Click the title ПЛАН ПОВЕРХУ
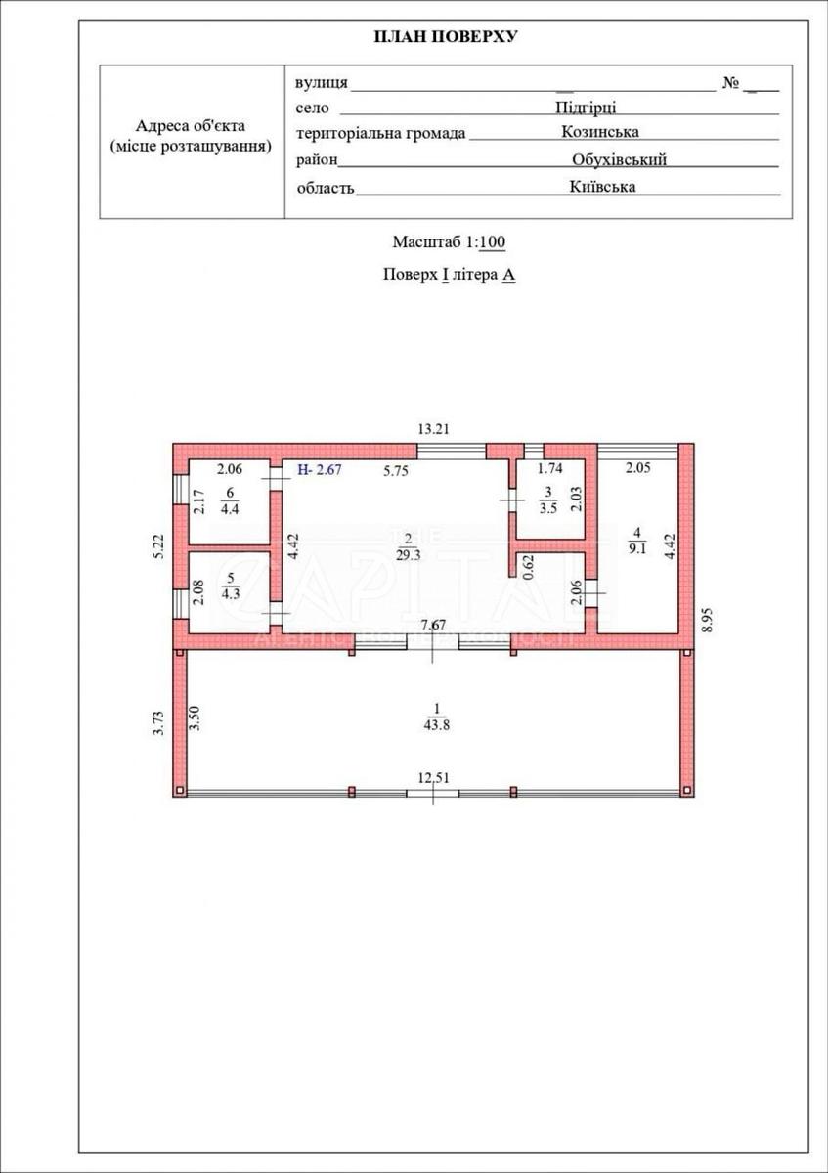(445, 37)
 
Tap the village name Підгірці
(586, 108)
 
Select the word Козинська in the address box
(600, 131)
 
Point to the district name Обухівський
(619, 159)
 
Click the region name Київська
(602, 187)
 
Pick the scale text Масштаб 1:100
(449, 242)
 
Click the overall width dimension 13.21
(434, 429)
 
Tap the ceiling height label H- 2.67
(320, 470)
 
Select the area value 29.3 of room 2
(408, 555)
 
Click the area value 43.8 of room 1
(437, 725)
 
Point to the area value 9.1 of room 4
(636, 550)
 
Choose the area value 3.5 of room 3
(548, 508)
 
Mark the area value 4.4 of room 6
(230, 508)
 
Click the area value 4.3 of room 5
(230, 594)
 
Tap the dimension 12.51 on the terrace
(433, 778)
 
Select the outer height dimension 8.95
(708, 619)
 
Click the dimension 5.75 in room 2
(395, 471)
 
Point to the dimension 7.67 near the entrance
(434, 625)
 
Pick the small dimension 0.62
(529, 566)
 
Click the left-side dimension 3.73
(159, 722)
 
